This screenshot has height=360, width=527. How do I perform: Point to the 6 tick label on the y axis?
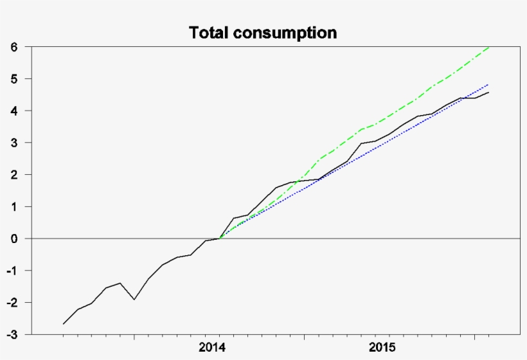13,47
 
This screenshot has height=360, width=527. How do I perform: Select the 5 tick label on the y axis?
13,79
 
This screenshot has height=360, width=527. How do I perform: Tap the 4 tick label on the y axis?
13,111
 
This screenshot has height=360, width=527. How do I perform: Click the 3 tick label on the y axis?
13,143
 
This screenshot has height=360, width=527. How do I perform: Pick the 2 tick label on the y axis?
13,175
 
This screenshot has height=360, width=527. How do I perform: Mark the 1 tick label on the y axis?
13,206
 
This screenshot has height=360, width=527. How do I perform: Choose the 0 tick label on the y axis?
13,239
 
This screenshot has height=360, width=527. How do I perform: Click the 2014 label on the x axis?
212,347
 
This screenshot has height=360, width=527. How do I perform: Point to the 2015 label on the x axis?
382,347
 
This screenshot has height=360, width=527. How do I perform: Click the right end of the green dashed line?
489,47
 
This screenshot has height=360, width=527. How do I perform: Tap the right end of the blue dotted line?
489,84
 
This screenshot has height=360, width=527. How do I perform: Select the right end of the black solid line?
489,93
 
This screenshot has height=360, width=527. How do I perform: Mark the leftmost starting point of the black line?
63,324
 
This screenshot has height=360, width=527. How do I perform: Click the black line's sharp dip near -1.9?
134,300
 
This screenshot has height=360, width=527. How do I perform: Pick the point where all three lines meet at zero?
220,239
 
